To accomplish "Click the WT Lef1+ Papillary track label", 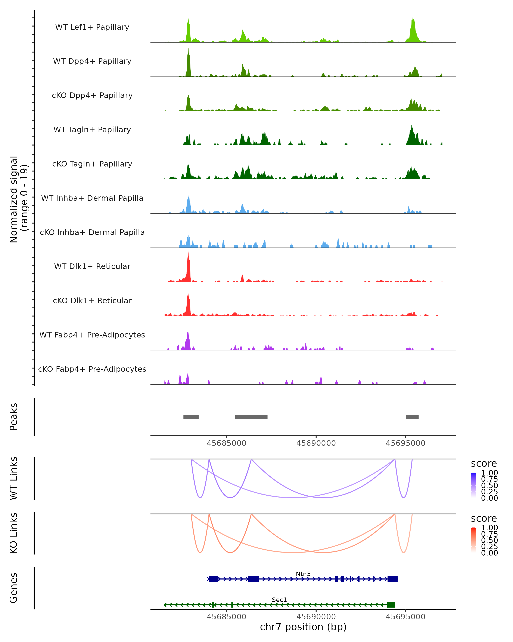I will (x=92, y=27).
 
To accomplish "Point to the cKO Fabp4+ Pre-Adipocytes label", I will (x=92, y=369).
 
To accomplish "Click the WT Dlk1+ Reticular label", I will (x=92, y=266).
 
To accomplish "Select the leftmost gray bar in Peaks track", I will (x=191, y=417).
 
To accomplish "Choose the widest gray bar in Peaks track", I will (x=251, y=417).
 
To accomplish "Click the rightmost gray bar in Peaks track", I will (x=412, y=417).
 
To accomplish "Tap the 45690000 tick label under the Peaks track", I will (x=316, y=443).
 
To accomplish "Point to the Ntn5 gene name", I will (x=303, y=574).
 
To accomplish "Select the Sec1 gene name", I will (x=279, y=600).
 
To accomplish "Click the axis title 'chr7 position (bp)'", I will (x=303, y=627).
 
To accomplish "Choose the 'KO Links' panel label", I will (x=14, y=533).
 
